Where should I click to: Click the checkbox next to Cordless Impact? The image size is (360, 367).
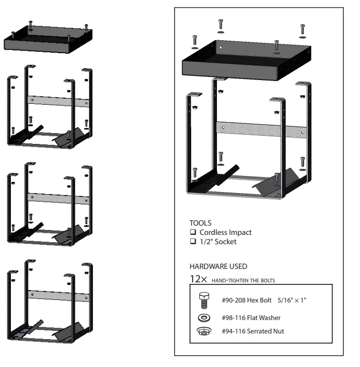point(193,233)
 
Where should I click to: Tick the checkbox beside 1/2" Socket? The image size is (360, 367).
point(193,242)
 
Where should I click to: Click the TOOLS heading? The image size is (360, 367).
point(200,223)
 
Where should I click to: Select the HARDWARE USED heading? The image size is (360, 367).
point(218,266)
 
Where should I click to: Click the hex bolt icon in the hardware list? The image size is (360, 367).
point(204,300)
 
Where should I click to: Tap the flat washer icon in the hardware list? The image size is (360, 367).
point(205,317)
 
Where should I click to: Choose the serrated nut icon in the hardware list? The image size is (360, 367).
point(205,331)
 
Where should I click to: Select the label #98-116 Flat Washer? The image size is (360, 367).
point(252,318)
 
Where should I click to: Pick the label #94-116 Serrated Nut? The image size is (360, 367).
point(253,331)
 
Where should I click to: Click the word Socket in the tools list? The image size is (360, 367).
point(225,242)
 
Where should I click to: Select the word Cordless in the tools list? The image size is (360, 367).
point(213,233)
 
